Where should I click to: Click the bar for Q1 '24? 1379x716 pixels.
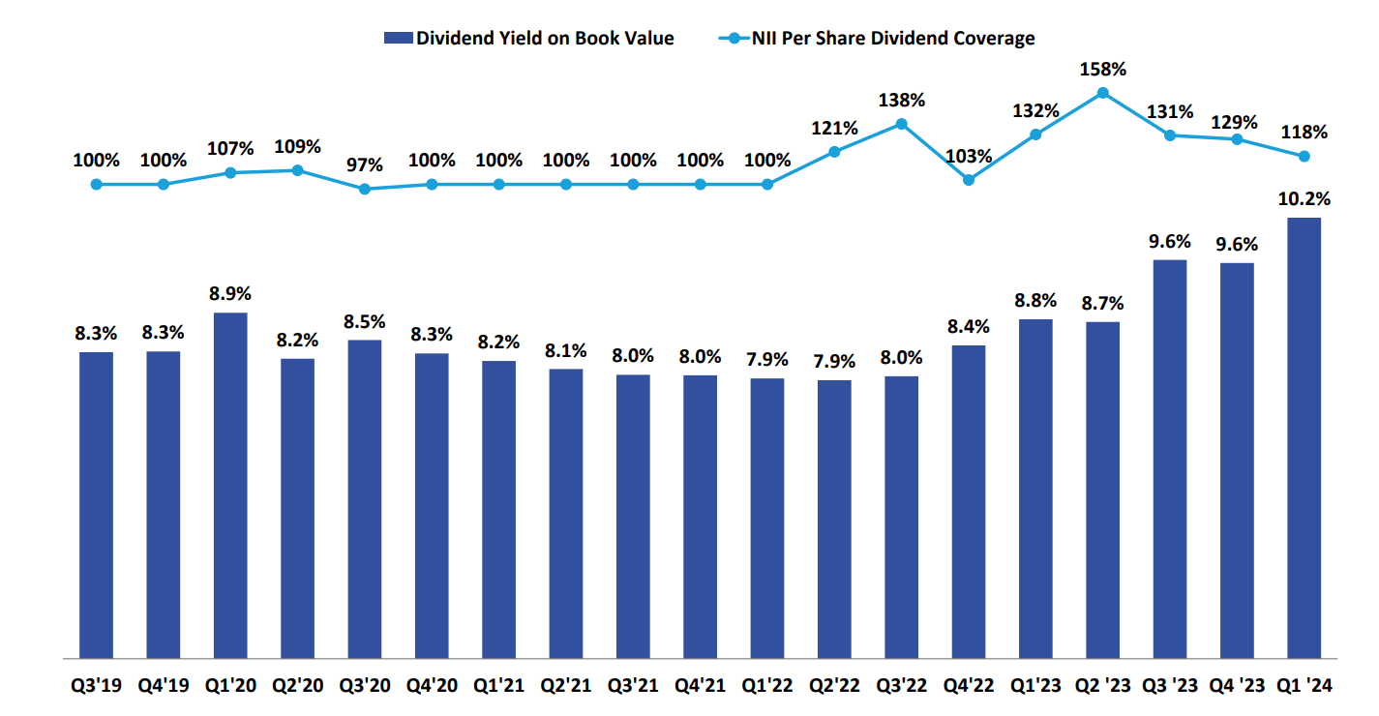1304,437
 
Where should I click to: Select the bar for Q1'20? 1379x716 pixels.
230,485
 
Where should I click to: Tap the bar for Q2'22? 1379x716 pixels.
834,519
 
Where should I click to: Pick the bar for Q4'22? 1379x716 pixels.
969,501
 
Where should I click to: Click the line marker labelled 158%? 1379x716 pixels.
1102,93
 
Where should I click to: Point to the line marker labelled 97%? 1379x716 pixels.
365,189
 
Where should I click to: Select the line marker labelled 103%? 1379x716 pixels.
969,179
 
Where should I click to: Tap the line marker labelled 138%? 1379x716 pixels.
901,124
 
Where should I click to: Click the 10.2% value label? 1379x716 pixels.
1304,199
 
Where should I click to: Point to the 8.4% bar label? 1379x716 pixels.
969,327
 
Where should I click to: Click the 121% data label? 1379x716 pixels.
834,128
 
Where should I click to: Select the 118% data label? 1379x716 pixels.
1304,133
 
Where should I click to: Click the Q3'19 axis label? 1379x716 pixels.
96,686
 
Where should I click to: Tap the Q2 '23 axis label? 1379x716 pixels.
1102,686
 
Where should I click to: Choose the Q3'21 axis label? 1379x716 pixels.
633,686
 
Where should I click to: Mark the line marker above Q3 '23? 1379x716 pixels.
1170,135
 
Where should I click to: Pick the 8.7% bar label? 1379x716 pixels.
1102,304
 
